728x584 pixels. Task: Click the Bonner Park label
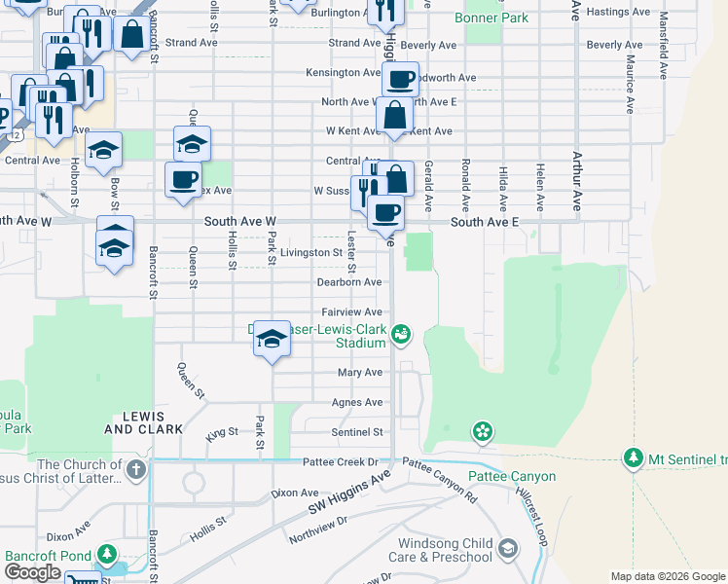click(x=496, y=18)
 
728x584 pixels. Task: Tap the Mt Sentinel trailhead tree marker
click(x=634, y=457)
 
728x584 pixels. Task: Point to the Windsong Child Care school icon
click(x=507, y=549)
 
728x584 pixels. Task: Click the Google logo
click(x=32, y=572)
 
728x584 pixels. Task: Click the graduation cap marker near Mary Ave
click(x=273, y=338)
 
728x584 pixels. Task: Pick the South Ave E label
click(x=485, y=223)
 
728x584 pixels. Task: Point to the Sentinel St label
click(x=357, y=431)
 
